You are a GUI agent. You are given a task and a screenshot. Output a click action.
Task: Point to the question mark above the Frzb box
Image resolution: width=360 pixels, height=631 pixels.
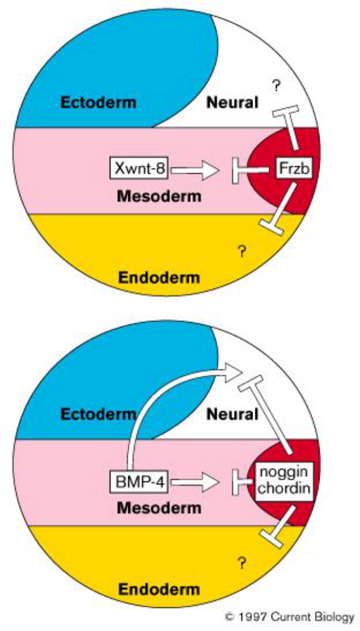point(276,85)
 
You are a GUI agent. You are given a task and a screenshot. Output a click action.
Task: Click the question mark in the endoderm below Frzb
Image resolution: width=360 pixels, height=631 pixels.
point(242,253)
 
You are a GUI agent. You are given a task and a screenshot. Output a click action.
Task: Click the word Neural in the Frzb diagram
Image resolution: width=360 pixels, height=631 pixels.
point(232,103)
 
